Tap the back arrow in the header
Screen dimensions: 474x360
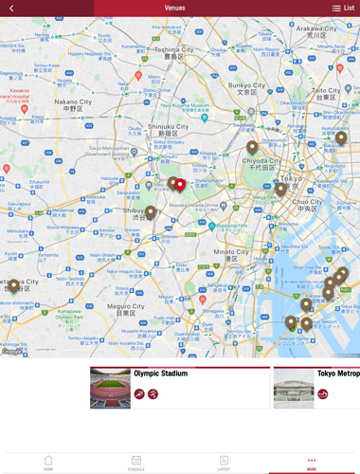11,8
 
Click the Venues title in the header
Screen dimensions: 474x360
174,8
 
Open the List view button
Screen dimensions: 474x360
342,8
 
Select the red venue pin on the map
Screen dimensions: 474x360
180,184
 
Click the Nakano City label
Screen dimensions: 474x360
73,101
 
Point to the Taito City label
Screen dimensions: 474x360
326,91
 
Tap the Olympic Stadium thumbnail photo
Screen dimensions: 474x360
110,388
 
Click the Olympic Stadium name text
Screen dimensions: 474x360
160,374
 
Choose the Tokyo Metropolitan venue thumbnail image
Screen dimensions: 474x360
293,388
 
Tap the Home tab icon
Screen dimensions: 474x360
48,463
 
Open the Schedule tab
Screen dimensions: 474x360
136,463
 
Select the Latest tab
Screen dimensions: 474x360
224,463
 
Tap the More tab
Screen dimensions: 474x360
312,463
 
